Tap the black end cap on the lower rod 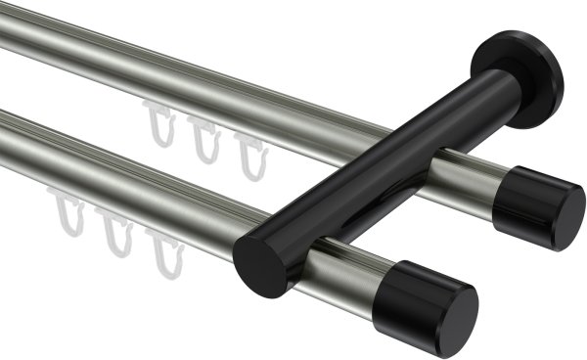click(x=436, y=303)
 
